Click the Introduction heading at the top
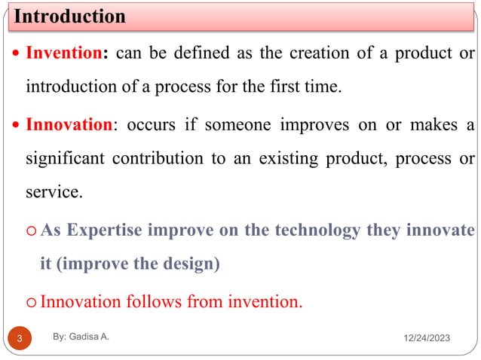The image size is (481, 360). pos(70,16)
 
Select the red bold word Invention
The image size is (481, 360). pos(63,55)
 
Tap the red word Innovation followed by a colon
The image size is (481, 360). pos(69,125)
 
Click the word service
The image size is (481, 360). pos(53,193)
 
